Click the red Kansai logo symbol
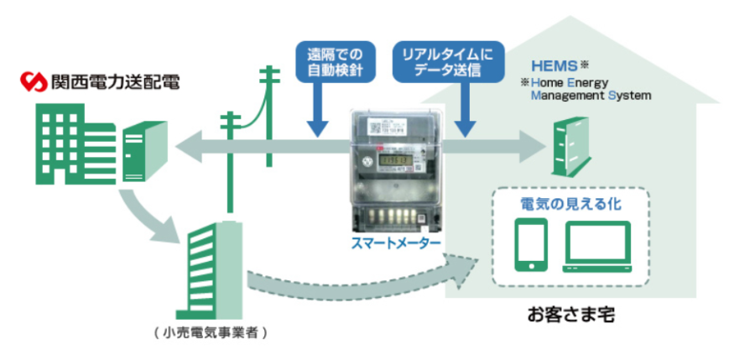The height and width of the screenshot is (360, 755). point(32,83)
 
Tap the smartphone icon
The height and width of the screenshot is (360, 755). point(531,244)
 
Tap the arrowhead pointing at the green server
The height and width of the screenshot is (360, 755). point(184,148)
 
